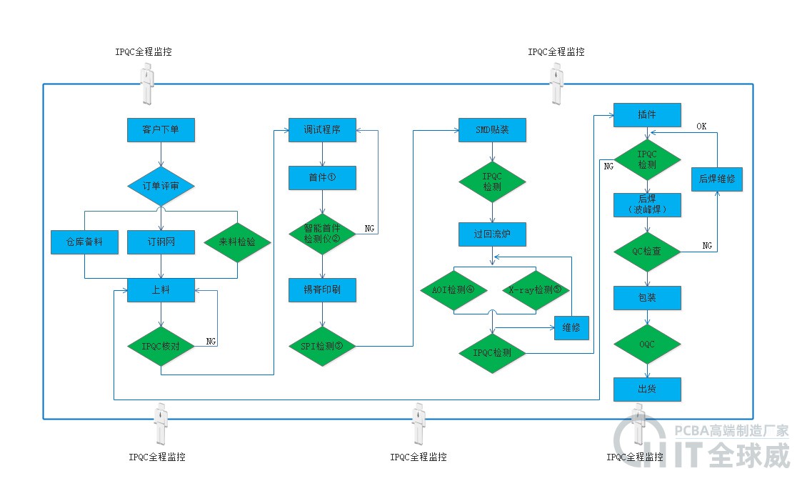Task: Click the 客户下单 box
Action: [x=161, y=130]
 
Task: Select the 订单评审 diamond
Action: [x=161, y=186]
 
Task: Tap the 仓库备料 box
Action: [x=84, y=242]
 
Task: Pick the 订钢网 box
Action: [x=161, y=242]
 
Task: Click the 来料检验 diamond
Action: [x=237, y=242]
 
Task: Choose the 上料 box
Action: [x=161, y=290]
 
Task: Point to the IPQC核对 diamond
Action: [x=161, y=346]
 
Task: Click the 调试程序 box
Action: [x=322, y=130]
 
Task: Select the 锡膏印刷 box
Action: [x=322, y=290]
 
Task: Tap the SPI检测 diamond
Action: [x=322, y=346]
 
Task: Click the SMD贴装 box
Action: [x=492, y=130]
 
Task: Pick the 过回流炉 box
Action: [x=492, y=234]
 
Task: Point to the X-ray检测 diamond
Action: [x=535, y=290]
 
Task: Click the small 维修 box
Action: [x=571, y=327]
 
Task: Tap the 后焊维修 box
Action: [x=716, y=179]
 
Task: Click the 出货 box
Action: [x=647, y=390]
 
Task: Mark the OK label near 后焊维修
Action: [x=702, y=126]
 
